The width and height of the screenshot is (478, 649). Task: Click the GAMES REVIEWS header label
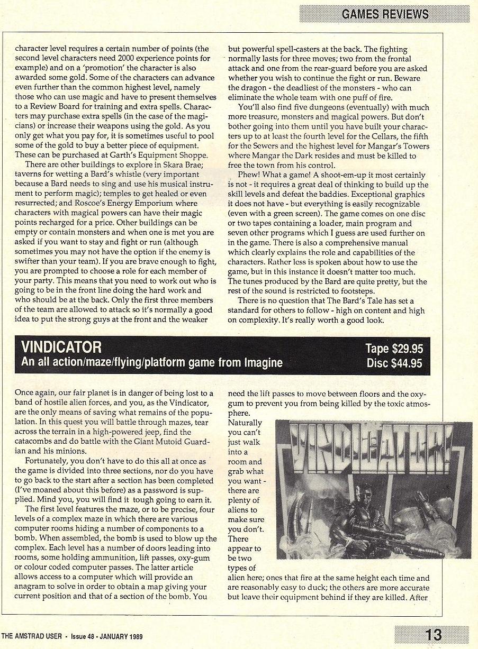point(385,14)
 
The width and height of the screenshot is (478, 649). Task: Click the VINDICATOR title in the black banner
point(61,348)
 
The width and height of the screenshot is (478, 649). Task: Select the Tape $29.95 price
point(394,349)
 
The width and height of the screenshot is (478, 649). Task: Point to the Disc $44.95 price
point(394,363)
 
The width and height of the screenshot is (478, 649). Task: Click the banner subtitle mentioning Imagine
point(152,363)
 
